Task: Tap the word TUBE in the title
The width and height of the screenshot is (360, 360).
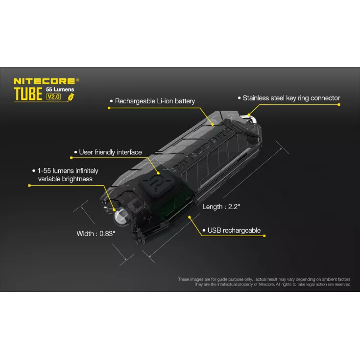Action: click(x=28, y=94)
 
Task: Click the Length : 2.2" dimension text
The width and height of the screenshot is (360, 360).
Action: click(x=221, y=207)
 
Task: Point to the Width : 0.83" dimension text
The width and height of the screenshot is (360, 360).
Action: click(x=96, y=234)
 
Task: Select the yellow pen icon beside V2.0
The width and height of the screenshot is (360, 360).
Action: click(x=71, y=96)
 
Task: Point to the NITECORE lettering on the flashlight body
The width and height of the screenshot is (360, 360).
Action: click(x=201, y=146)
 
